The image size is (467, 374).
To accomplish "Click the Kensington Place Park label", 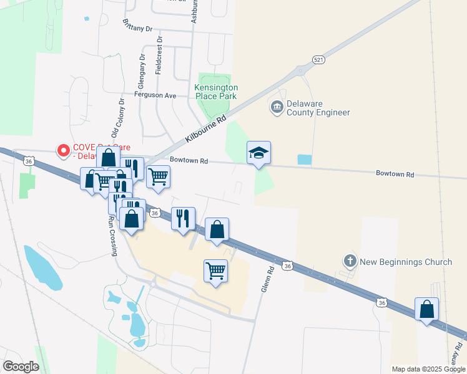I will (216, 92).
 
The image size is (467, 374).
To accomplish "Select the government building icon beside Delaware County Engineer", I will (277, 108).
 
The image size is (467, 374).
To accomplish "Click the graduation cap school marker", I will (258, 153).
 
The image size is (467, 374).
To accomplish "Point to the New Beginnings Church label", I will (406, 261).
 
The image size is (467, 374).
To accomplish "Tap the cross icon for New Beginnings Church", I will (351, 261).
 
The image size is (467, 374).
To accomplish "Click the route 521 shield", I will (319, 59).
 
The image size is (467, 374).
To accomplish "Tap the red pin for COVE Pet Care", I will (63, 150).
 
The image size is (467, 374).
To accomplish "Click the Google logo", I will (21, 366).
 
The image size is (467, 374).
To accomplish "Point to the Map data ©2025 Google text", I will (428, 369).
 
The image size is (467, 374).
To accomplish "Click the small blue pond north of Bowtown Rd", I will (304, 159).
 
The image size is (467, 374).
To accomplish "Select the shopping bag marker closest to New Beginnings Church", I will (426, 309).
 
